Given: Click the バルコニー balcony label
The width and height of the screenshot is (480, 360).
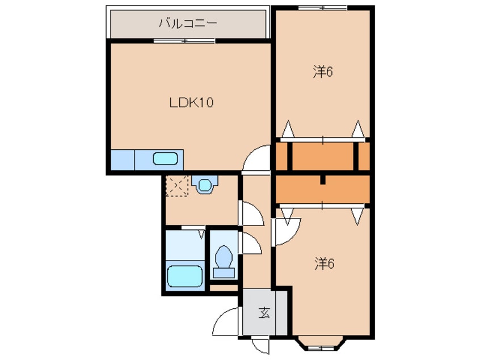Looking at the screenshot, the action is (188, 24).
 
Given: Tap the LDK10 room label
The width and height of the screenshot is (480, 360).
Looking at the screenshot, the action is (191, 103).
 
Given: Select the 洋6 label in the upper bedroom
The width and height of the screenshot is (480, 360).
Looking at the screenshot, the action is (323, 72).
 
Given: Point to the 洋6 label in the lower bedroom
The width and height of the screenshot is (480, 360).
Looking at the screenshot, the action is (325, 264).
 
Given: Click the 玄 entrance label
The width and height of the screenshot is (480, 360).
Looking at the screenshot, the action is (264, 313).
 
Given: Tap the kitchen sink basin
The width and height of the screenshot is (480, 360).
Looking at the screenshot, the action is (165, 158).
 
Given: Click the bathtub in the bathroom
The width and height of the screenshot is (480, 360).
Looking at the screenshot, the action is (185, 276).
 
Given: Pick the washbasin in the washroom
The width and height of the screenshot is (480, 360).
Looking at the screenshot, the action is (204, 185).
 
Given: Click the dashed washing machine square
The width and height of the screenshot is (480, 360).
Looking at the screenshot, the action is (176, 186).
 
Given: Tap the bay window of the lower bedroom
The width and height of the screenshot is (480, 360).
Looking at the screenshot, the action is (321, 344).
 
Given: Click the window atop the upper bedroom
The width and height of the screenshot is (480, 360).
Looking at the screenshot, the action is (322, 7).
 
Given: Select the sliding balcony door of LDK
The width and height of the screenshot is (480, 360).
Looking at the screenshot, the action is (184, 41).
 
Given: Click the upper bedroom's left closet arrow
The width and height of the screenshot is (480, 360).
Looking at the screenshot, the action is (288, 129).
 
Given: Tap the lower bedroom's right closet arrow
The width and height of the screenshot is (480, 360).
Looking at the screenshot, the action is (357, 216).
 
